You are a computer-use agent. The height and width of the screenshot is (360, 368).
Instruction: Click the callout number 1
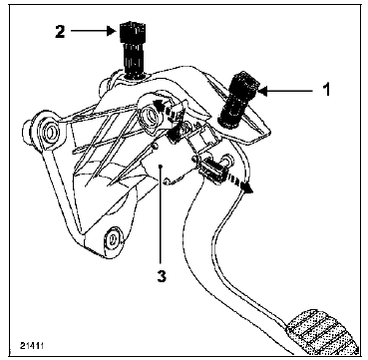pyautogui.click(x=327, y=90)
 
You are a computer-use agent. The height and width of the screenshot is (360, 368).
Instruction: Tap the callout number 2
pyautogui.click(x=60, y=31)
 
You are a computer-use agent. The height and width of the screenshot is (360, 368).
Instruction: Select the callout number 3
pyautogui.click(x=162, y=276)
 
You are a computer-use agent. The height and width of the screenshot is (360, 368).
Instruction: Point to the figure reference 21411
pyautogui.click(x=32, y=346)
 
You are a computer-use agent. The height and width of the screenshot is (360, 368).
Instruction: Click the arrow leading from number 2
pyautogui.click(x=93, y=31)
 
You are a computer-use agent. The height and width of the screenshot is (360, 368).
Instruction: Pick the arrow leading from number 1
pyautogui.click(x=286, y=91)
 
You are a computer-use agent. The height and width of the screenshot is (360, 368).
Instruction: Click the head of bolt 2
pyautogui.click(x=133, y=31)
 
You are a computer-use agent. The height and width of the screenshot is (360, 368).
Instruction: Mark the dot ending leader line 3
pyautogui.click(x=161, y=166)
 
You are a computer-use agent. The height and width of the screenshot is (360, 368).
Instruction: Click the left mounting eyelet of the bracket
pyautogui.click(x=50, y=132)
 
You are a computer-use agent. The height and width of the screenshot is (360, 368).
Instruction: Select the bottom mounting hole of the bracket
pyautogui.click(x=114, y=237)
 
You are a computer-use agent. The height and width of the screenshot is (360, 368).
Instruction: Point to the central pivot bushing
pyautogui.click(x=148, y=115)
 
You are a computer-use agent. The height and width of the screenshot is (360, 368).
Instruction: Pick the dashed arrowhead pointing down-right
pyautogui.click(x=247, y=188)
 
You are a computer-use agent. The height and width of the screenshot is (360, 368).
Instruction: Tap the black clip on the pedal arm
pyautogui.click(x=213, y=170)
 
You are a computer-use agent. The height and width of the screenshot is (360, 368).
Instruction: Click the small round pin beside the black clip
pyautogui.click(x=228, y=160)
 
